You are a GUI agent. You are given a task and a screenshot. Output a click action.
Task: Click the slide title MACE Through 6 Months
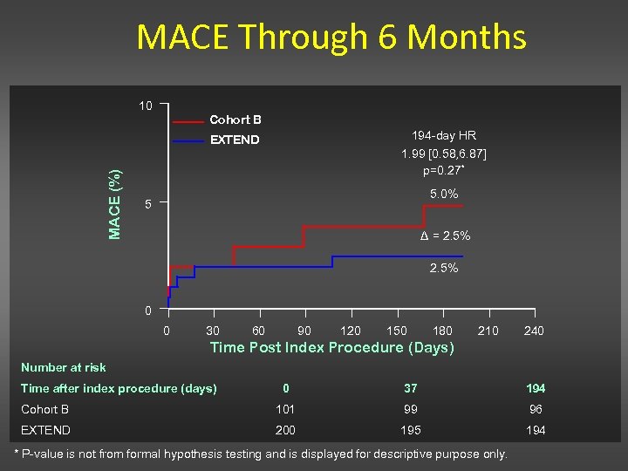click(331, 38)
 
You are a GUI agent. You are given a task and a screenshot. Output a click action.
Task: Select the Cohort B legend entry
click(235, 119)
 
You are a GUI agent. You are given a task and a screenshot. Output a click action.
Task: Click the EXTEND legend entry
click(235, 140)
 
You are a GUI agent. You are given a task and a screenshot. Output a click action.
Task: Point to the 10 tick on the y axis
click(145, 106)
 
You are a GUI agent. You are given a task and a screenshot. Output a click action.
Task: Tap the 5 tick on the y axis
click(148, 205)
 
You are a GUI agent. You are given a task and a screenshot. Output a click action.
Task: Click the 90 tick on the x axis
click(304, 331)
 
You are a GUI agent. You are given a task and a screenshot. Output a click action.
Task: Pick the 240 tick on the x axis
click(534, 331)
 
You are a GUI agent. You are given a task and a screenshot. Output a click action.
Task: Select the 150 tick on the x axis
click(397, 331)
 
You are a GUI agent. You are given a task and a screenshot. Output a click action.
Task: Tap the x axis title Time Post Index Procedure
click(332, 348)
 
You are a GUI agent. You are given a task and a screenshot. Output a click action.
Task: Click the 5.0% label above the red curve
click(444, 194)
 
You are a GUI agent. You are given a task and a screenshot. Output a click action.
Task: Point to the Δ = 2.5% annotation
click(445, 235)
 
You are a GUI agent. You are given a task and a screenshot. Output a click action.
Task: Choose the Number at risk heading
click(63, 367)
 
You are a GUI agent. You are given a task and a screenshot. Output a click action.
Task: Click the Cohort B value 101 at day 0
click(285, 409)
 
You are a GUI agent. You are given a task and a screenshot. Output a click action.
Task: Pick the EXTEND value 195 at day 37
click(410, 430)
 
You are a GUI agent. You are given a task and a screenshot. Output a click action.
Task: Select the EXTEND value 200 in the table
click(285, 430)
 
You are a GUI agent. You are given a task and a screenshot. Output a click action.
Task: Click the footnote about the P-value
click(262, 454)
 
